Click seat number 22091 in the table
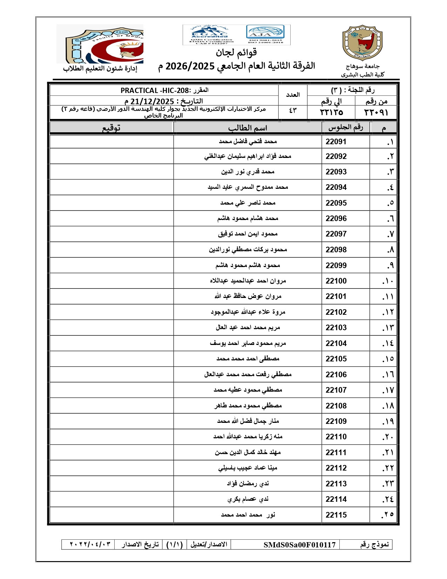tap(336, 142)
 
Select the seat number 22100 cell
tap(336, 281)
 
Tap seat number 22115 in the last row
tap(336, 515)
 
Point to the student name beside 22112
tap(248, 468)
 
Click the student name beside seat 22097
tap(248, 234)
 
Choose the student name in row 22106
tap(248, 375)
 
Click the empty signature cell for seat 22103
tap(111, 328)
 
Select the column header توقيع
tap(111, 128)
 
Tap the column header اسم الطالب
tap(248, 128)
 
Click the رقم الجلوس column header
tap(345, 128)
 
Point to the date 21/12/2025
tap(152, 102)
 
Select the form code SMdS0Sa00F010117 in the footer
tap(299, 545)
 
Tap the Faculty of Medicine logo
tap(100, 44)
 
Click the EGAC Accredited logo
tap(210, 35)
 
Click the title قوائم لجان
tap(236, 53)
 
